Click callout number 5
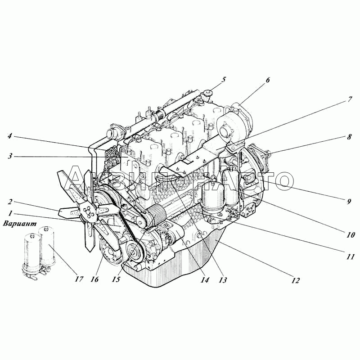[x=223, y=80]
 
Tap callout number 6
[x=268, y=80]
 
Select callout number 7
[x=350, y=99]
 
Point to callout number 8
[x=349, y=137]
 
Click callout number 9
[x=349, y=202]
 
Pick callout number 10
[x=351, y=234]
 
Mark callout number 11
[x=351, y=256]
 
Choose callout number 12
[x=296, y=280]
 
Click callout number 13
[x=223, y=280]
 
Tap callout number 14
[x=205, y=280]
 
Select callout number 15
[x=116, y=279]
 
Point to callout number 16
[x=94, y=279]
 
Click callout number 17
[x=79, y=279]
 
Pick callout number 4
[x=9, y=136]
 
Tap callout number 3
[x=9, y=156]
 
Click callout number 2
[x=10, y=202]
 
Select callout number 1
[x=10, y=213]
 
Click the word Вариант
[x=20, y=223]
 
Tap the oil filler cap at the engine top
[x=207, y=94]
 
